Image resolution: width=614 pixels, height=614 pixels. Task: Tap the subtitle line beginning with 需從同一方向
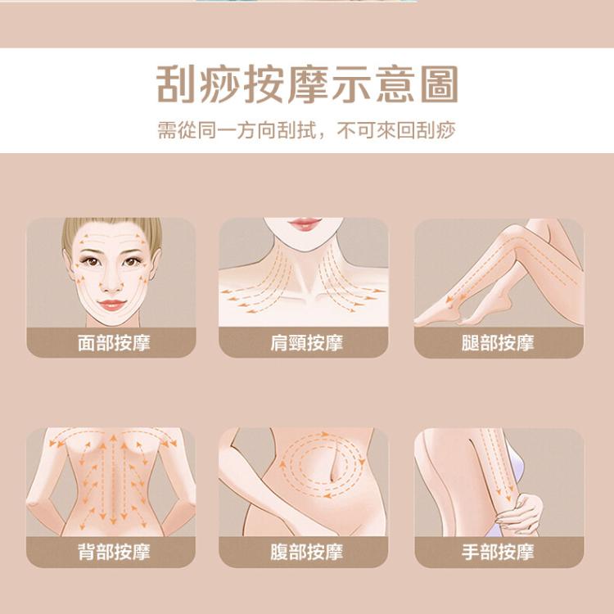307,130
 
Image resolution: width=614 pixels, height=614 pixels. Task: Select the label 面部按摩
114,343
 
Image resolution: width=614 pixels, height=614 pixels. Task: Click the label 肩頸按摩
306,343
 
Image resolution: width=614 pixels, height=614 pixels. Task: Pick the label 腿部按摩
498,343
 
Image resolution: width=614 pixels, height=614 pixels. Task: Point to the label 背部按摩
114,552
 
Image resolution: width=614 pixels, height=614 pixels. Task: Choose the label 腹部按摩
306,552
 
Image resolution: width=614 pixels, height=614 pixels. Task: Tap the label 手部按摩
498,552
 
